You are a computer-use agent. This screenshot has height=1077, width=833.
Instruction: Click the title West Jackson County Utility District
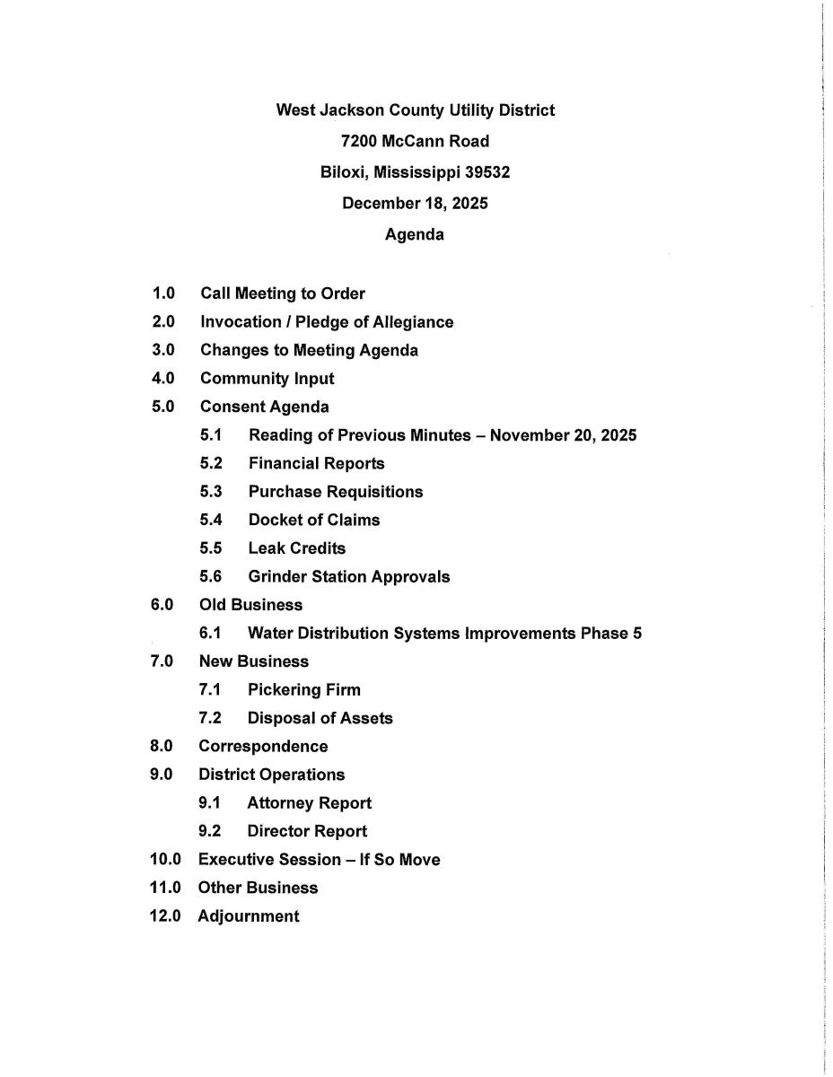coord(415,110)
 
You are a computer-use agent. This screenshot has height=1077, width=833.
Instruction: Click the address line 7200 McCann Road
coord(415,141)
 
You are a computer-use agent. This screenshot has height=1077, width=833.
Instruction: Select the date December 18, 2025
coord(415,204)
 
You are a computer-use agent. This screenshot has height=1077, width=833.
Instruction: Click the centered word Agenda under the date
coord(414,235)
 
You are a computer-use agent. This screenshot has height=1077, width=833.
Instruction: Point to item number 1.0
coord(163,293)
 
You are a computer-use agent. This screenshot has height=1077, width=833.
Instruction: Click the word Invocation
coord(238,322)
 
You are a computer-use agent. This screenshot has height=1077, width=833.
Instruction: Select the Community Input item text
coord(267,379)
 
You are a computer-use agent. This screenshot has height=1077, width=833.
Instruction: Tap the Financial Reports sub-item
coord(316,464)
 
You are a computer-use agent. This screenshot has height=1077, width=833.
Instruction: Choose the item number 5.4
coord(211,521)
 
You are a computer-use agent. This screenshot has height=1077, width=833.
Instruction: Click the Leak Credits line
coord(296,548)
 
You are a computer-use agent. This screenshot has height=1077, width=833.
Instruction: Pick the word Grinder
coord(277,577)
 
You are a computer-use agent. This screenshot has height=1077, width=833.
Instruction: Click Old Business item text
coord(250,605)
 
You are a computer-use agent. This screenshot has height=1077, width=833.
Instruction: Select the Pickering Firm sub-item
coord(303,690)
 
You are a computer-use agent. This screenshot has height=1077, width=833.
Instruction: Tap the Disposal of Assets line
coord(320,718)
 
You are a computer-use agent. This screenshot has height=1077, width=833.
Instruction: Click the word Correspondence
coord(263,747)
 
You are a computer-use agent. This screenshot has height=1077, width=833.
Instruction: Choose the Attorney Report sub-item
coord(309,803)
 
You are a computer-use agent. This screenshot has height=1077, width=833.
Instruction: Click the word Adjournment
coord(249,916)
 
